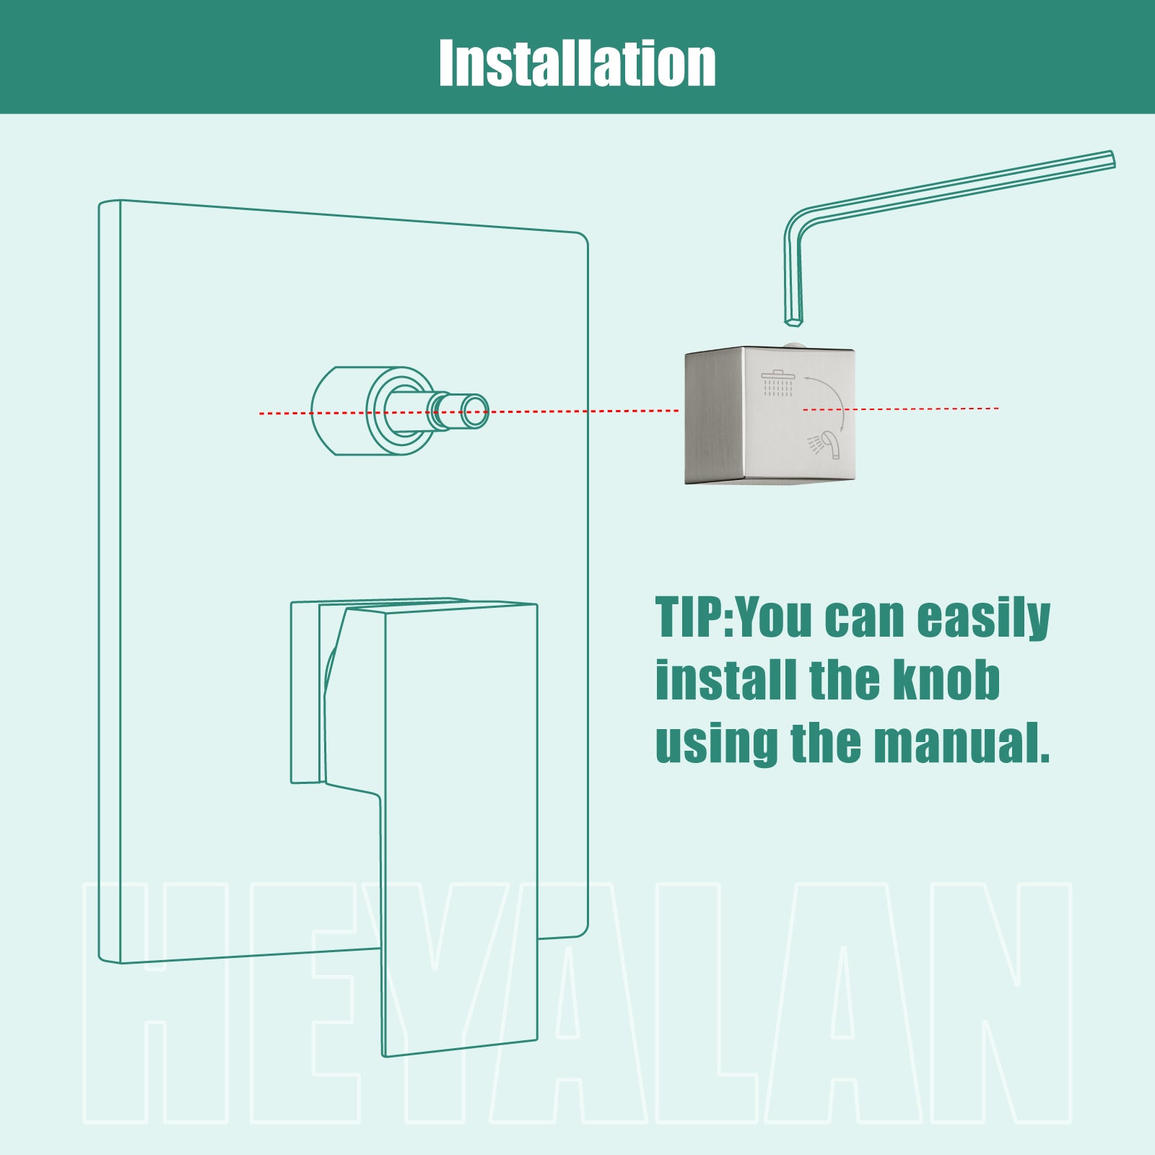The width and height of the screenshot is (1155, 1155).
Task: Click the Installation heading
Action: pos(577,63)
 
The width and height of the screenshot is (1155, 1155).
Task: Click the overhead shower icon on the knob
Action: pos(777,383)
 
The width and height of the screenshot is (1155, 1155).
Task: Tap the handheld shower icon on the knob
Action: pos(824,444)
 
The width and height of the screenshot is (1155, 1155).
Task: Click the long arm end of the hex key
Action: pos(1110,159)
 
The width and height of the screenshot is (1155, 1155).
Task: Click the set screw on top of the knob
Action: pos(792,344)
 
